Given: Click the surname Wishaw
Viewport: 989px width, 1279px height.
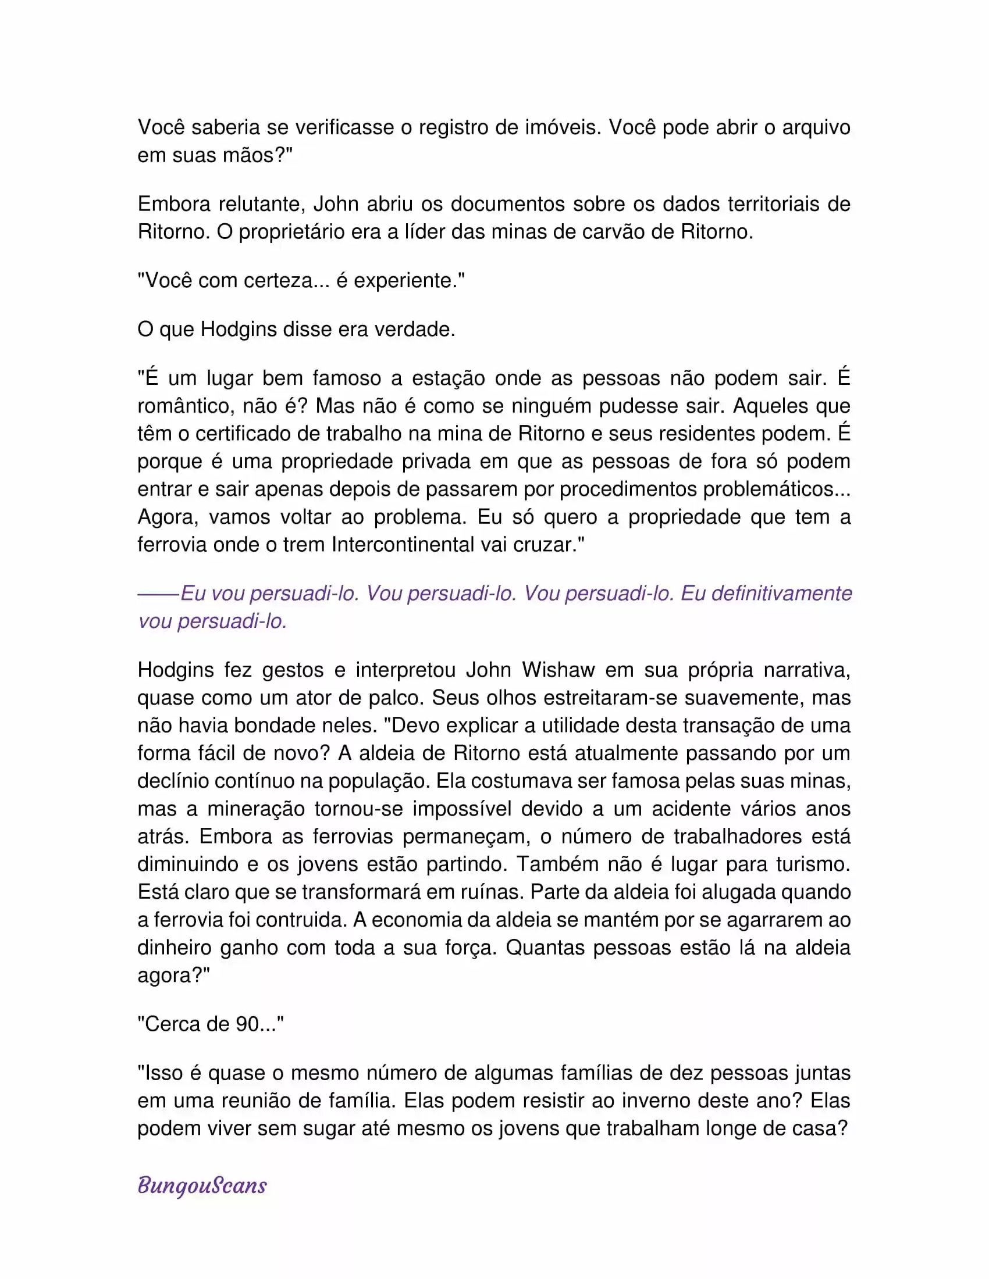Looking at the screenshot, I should coord(558,669).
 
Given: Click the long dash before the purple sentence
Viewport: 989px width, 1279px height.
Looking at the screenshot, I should coord(158,594).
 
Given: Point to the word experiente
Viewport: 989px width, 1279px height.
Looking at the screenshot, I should coord(405,281).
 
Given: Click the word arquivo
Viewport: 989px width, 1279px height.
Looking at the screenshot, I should coord(816,127).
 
